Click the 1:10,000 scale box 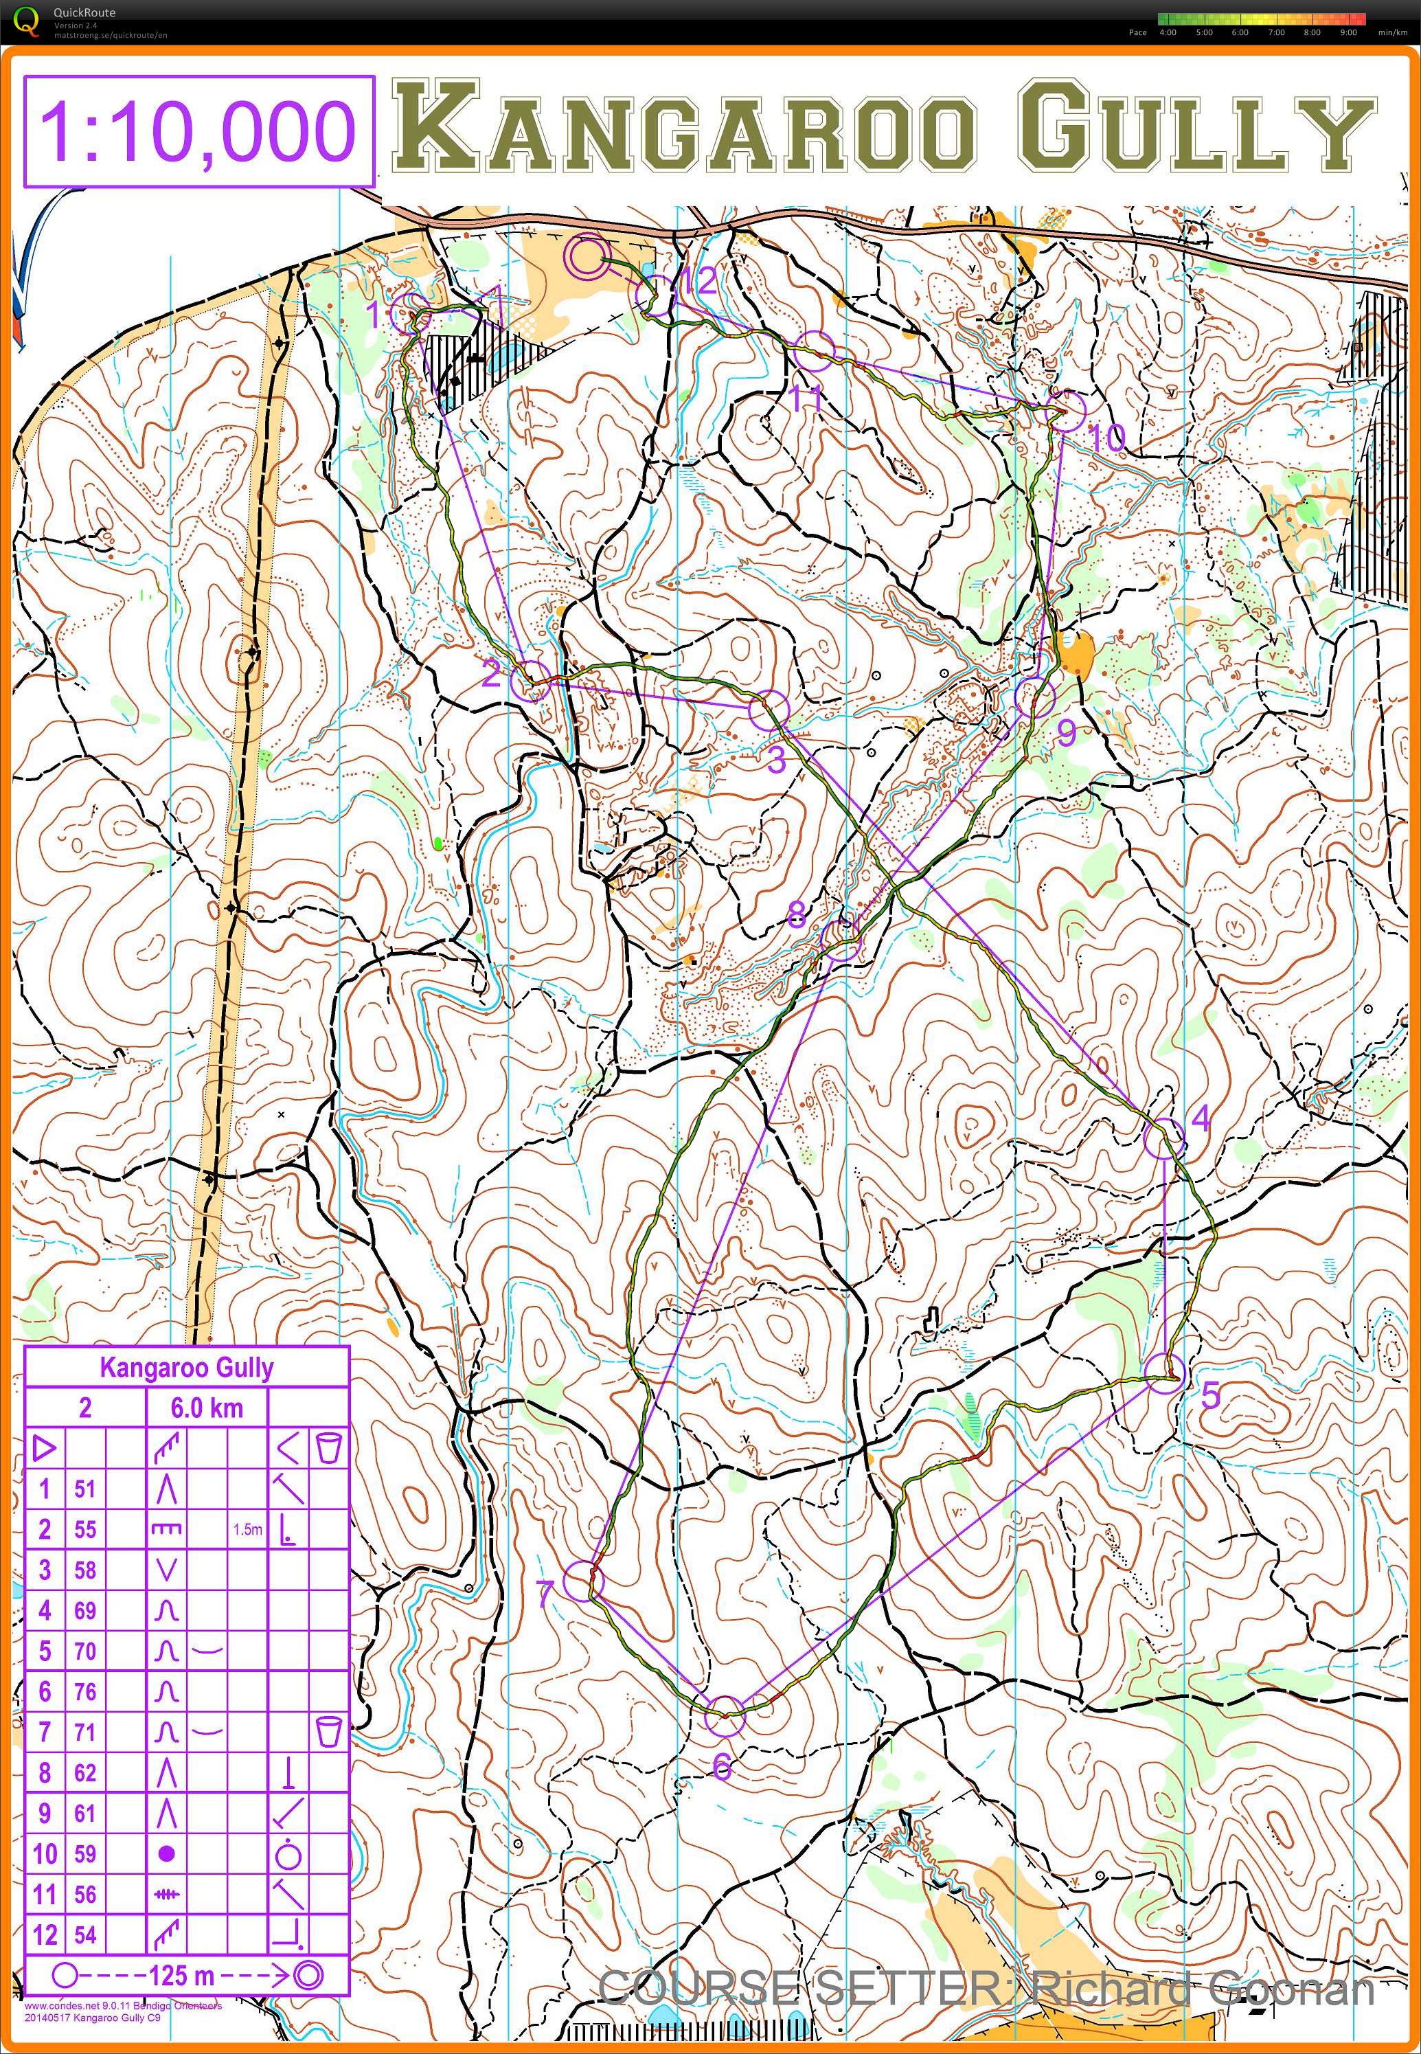point(198,131)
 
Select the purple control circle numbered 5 point(1165,1374)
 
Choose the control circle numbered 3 point(769,710)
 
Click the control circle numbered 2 point(532,681)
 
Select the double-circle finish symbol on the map point(588,258)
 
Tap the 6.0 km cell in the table point(207,1408)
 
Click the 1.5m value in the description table point(247,1530)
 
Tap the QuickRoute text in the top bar point(84,12)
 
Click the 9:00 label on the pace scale point(1348,32)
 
